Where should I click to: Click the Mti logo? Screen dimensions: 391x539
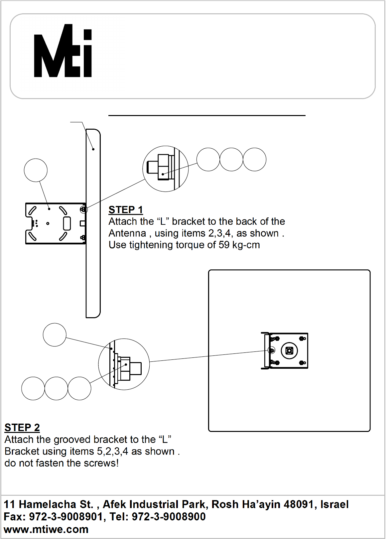click(x=63, y=51)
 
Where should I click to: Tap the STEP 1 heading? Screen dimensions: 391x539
click(x=126, y=209)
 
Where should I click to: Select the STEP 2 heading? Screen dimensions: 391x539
click(x=22, y=428)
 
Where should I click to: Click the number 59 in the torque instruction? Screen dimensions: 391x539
click(x=224, y=245)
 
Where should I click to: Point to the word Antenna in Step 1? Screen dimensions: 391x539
click(x=127, y=233)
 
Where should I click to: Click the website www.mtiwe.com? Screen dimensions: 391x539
click(x=46, y=529)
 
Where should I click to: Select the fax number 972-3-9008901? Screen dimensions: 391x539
click(x=66, y=517)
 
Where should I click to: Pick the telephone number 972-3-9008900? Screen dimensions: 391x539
click(x=169, y=517)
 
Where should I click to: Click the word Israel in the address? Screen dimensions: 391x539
click(x=334, y=504)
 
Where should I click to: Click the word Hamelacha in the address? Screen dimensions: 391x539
click(x=56, y=504)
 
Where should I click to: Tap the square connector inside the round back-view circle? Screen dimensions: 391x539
click(x=289, y=350)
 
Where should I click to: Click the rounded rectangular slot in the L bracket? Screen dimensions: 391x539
click(x=67, y=223)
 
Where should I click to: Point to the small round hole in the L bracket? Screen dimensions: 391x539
click(x=48, y=223)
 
